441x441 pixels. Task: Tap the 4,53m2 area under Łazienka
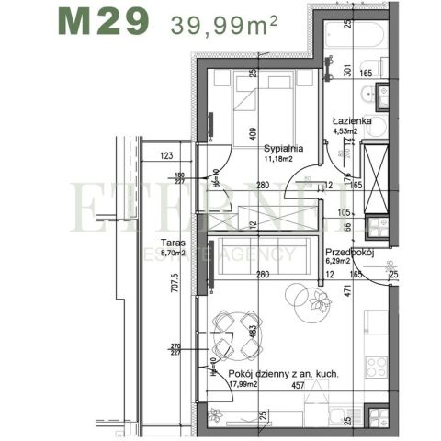pos(346,131)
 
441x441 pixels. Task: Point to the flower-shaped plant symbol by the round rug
pos(321,298)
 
